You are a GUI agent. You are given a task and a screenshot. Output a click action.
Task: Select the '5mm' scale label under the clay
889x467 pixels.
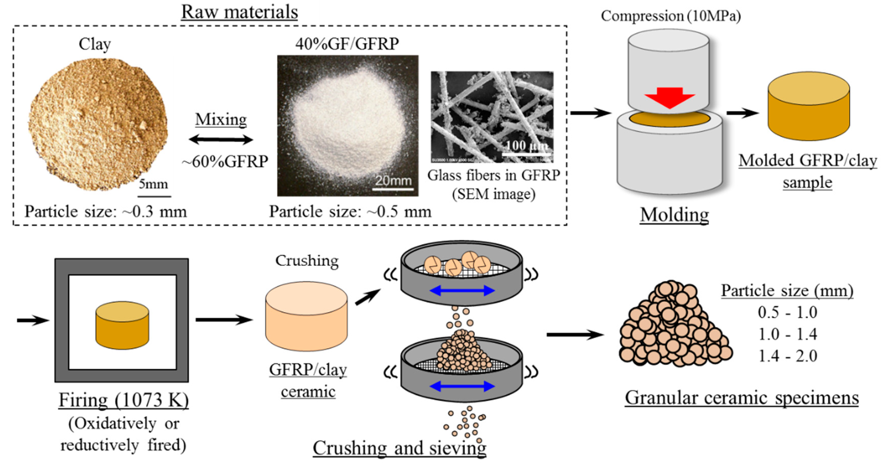click(153, 184)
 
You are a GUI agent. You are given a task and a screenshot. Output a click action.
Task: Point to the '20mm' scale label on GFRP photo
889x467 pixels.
click(393, 180)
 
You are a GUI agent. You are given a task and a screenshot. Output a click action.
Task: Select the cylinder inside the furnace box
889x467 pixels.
click(122, 325)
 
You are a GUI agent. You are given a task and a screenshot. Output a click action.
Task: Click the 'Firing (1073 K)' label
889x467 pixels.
click(123, 400)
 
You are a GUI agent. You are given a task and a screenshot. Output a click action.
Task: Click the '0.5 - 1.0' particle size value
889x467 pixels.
click(787, 313)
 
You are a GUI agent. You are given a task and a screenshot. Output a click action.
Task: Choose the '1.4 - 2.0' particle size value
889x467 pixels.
click(787, 356)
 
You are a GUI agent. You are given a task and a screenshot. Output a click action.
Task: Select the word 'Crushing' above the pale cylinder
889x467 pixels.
click(306, 261)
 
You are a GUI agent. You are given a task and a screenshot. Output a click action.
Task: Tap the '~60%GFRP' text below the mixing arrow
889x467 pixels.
click(225, 161)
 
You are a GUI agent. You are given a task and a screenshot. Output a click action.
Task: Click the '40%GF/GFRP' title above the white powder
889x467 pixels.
click(347, 44)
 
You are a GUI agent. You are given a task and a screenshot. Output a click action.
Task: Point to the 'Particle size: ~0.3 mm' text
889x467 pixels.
click(105, 211)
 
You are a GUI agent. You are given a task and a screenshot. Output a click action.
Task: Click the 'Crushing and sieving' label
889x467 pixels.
click(399, 448)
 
